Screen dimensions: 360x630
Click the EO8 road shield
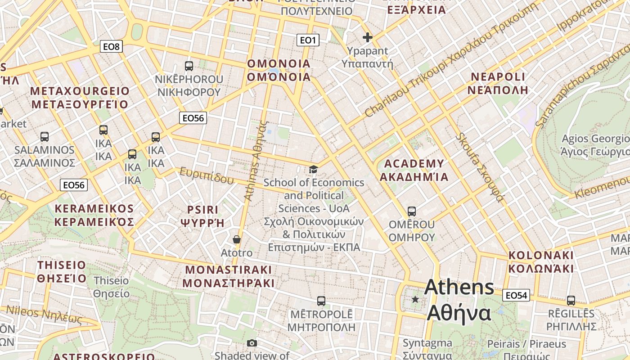click(x=111, y=46)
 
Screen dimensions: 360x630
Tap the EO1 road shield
click(x=308, y=40)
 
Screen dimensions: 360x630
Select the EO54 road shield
click(x=516, y=295)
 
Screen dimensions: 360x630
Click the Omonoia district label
click(x=279, y=70)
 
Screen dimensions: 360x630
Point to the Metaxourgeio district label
click(x=79, y=98)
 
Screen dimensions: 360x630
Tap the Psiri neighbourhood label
click(x=202, y=216)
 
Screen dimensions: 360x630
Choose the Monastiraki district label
click(x=229, y=276)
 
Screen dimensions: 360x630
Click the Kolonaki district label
click(x=541, y=262)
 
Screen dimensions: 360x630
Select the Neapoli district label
click(x=498, y=83)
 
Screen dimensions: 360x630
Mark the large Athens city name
click(x=459, y=300)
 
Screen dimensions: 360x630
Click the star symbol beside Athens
click(x=415, y=299)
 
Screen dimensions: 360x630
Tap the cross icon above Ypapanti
click(x=368, y=37)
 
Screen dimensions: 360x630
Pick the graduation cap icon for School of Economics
click(x=313, y=169)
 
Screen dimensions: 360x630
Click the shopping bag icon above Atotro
click(x=237, y=239)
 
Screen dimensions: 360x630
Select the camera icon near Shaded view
click(x=252, y=343)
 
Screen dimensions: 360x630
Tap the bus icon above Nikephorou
click(x=189, y=66)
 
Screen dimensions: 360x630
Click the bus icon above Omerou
click(x=411, y=211)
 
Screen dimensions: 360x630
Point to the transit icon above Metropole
click(x=321, y=301)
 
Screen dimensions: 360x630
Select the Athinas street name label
click(x=255, y=161)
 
